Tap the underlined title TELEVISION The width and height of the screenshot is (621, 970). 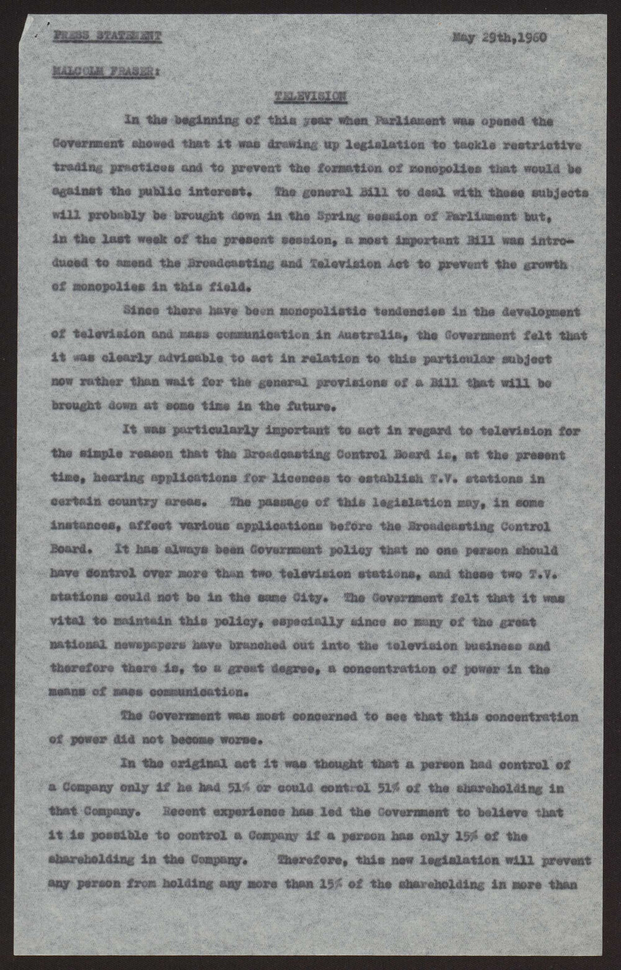pyautogui.click(x=310, y=96)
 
